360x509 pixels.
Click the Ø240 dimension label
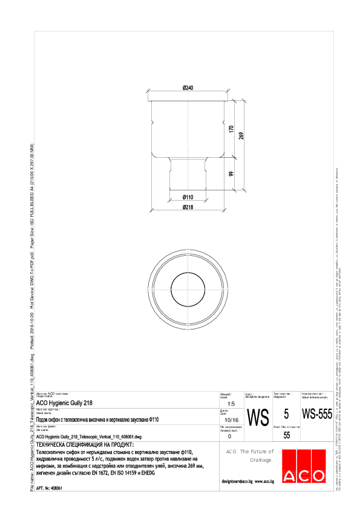tap(188, 88)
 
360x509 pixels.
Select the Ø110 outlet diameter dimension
tap(188, 198)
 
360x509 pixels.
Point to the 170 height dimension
tap(231, 129)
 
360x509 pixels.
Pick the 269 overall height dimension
tap(241, 135)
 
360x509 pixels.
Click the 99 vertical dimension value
tap(231, 175)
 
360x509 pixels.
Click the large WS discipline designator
tap(258, 417)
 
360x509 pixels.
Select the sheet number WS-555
tap(317, 415)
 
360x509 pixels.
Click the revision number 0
tap(229, 435)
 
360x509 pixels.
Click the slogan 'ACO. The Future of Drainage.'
tap(249, 456)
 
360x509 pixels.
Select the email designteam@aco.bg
tap(237, 482)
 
